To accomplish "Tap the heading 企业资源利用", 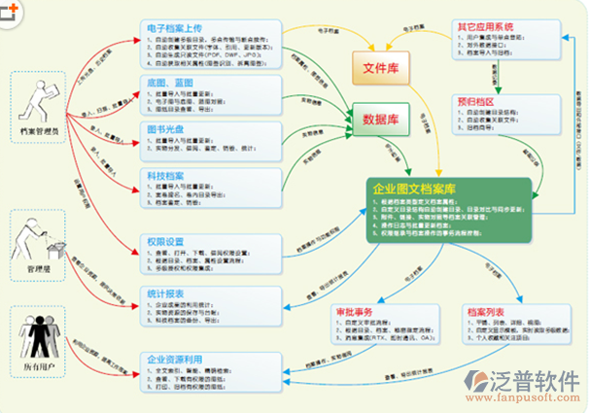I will tap(175, 359).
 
